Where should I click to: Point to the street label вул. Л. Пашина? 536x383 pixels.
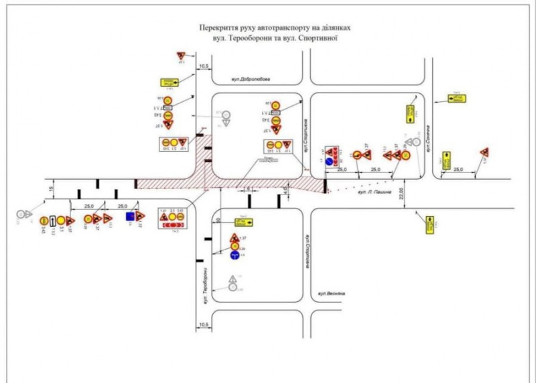375,193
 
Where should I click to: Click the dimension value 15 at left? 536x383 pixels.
52,190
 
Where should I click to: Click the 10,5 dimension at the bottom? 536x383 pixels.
204,326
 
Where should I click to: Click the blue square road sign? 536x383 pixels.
129,217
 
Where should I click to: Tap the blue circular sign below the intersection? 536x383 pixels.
234,256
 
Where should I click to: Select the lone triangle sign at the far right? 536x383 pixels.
484,152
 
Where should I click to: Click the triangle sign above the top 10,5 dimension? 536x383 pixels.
181,55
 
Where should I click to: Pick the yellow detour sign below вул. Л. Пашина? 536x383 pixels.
429,225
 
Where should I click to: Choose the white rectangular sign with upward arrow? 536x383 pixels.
52,219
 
